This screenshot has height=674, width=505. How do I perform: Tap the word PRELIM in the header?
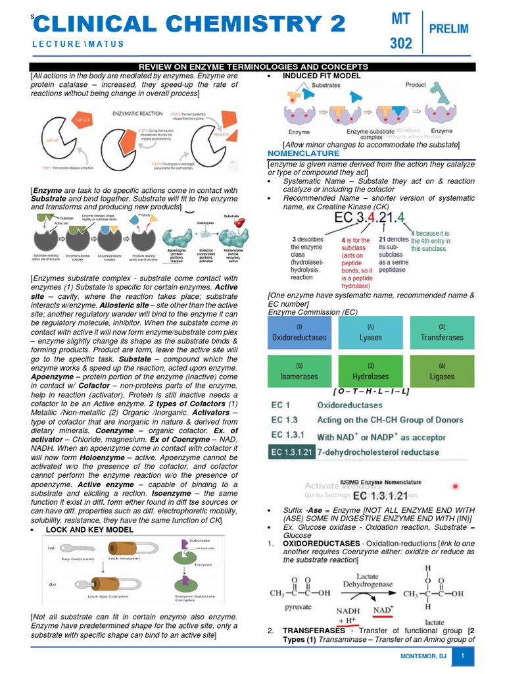pos(448,28)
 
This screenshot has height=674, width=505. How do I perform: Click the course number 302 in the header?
pos(400,43)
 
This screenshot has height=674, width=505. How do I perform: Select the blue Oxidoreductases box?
pos(299,333)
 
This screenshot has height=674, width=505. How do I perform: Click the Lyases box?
pos(370,333)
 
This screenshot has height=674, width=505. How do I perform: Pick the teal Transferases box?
pos(442,333)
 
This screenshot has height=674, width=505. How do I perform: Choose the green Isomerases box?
pos(299,371)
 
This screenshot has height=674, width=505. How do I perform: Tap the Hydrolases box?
pos(370,371)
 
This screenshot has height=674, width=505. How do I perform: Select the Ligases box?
pos(442,371)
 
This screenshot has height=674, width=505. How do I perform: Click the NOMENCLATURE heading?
pos(303,153)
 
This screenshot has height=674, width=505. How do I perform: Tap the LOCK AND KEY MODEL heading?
pos(89,529)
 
